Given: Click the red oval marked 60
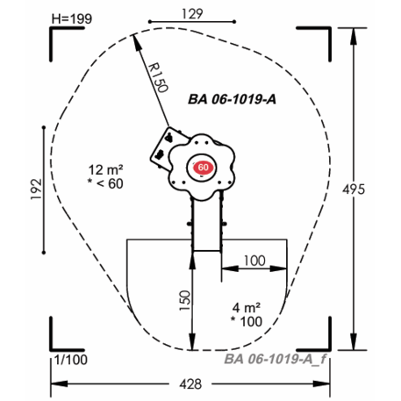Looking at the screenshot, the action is [x=204, y=168].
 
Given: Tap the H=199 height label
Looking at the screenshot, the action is [x=72, y=19].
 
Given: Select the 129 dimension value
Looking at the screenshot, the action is [x=192, y=14].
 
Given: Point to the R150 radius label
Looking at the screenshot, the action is [x=158, y=78].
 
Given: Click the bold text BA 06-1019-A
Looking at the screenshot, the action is [x=232, y=99].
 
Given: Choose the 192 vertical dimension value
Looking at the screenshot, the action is [x=37, y=190].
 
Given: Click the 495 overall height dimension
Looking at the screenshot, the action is [x=354, y=190].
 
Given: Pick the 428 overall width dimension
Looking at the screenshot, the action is [x=190, y=384].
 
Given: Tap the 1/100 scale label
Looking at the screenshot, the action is [x=71, y=360].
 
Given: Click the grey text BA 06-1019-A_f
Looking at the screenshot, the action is [x=276, y=359].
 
